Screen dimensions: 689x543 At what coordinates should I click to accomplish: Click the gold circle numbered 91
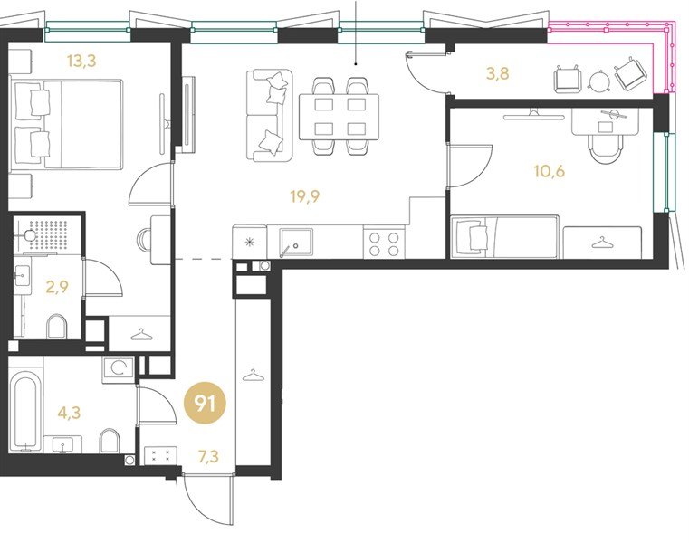click(x=205, y=404)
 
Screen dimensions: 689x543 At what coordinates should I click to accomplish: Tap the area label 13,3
click(x=81, y=61)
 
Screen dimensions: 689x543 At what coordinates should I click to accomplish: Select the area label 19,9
click(x=305, y=196)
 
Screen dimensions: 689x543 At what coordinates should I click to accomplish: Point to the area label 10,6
click(x=550, y=170)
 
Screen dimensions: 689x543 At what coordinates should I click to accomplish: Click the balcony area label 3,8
click(x=498, y=73)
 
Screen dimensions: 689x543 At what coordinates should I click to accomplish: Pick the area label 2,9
click(x=58, y=287)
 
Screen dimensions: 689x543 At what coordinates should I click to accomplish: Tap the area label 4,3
click(x=69, y=413)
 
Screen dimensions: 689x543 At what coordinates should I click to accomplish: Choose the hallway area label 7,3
click(x=208, y=457)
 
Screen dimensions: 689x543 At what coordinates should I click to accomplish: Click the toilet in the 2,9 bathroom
click(x=57, y=326)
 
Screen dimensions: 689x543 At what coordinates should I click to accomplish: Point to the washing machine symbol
click(x=119, y=368)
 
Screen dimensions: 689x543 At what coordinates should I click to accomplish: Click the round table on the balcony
click(x=599, y=81)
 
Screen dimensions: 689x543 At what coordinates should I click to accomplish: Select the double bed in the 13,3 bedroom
click(x=66, y=124)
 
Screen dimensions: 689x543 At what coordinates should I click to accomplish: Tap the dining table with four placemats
click(x=339, y=117)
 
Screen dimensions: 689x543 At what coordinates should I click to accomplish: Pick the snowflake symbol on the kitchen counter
click(x=250, y=242)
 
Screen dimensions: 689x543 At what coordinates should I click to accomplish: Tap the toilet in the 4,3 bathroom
click(x=110, y=441)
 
